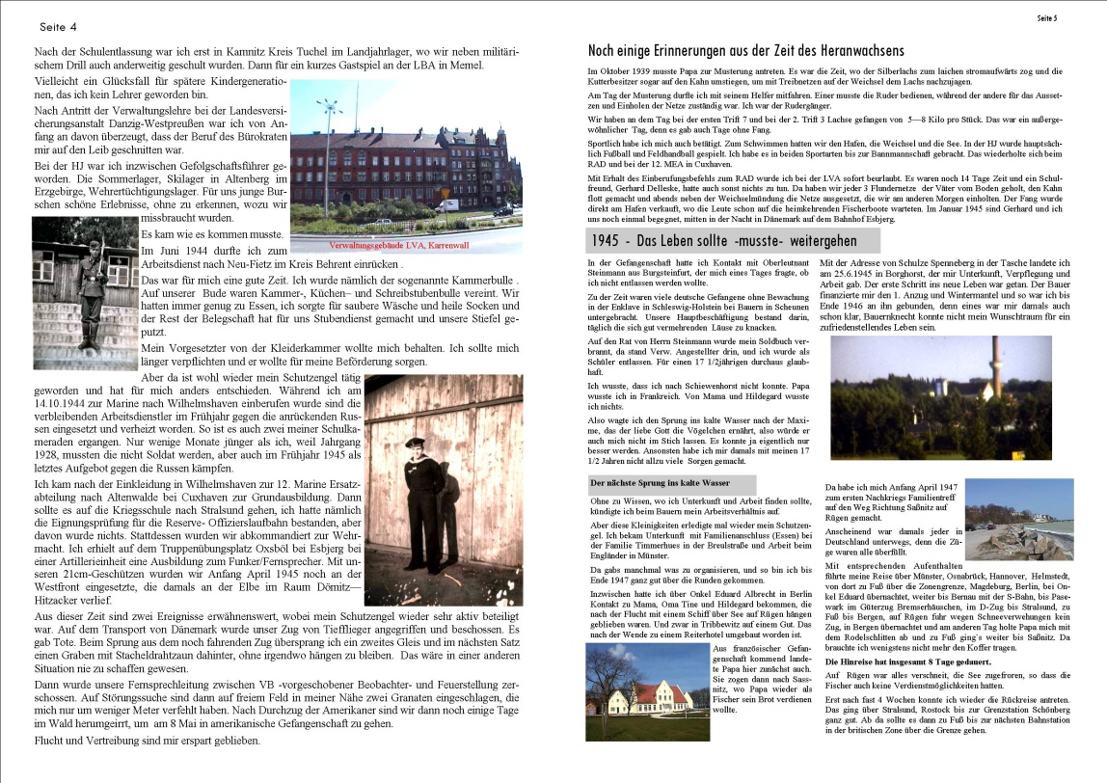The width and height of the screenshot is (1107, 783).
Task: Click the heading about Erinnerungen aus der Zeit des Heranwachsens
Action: point(745,50)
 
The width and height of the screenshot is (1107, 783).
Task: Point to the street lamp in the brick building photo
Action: point(329,145)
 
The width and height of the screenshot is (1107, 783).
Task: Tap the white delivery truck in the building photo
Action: point(446,205)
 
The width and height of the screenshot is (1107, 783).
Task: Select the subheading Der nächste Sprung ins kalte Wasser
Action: point(672,481)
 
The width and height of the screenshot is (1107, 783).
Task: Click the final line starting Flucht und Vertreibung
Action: point(147,741)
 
